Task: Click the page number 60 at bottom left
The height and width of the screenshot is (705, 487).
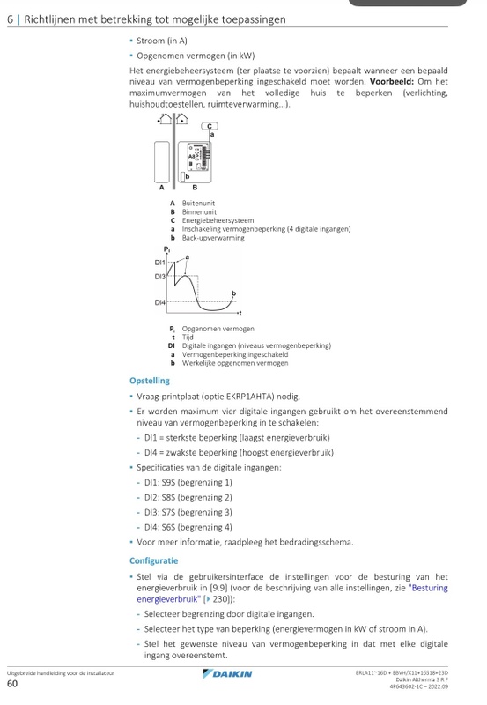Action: [12, 683]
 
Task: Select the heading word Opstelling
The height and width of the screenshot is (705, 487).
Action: [150, 381]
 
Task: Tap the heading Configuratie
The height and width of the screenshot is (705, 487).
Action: [153, 560]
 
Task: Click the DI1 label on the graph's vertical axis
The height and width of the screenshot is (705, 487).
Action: [160, 263]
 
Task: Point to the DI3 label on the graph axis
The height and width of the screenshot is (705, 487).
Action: [160, 277]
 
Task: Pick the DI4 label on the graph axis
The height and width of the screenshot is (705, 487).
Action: [160, 302]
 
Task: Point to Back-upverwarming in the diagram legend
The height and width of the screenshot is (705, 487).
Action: [213, 238]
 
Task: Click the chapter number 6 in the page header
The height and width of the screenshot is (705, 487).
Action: [9, 19]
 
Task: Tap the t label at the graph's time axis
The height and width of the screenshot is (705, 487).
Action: [240, 315]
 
